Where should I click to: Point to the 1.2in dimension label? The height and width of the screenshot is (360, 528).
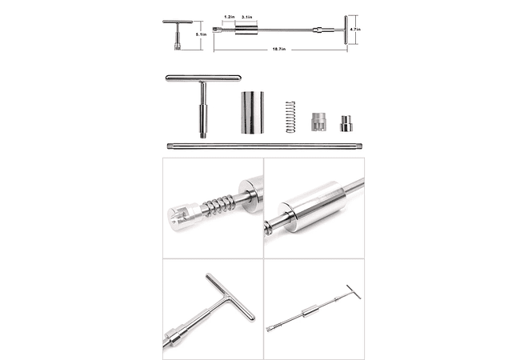tap(229, 17)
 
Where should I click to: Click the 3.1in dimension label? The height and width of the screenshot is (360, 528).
tap(248, 17)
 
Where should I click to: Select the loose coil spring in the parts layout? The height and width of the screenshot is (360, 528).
tap(290, 117)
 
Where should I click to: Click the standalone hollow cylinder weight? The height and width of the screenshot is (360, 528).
tap(250, 113)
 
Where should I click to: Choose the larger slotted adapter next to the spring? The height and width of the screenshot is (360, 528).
tap(317, 122)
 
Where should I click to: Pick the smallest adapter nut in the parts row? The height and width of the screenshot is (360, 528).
tap(346, 125)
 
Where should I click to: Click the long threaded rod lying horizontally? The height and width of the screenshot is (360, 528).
tap(264, 146)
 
